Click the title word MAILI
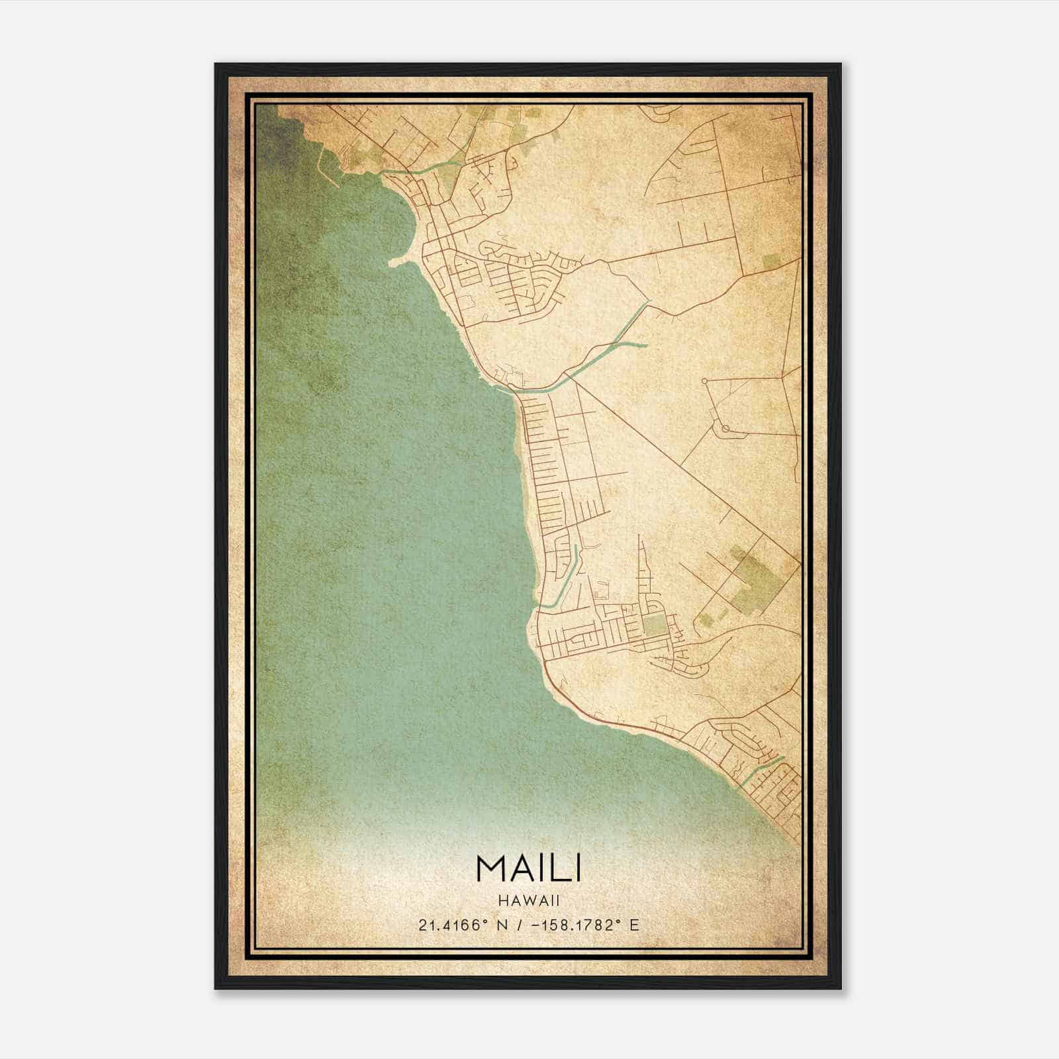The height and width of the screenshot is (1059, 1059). point(528,868)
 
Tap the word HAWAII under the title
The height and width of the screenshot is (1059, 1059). point(529,900)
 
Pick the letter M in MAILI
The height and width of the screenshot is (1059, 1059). point(488,868)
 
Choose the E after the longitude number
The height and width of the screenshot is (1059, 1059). point(634,925)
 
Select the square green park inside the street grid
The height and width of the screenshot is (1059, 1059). point(654,623)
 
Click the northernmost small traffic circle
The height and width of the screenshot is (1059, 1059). point(705,381)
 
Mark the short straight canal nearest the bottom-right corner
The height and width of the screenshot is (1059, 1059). point(761,769)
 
